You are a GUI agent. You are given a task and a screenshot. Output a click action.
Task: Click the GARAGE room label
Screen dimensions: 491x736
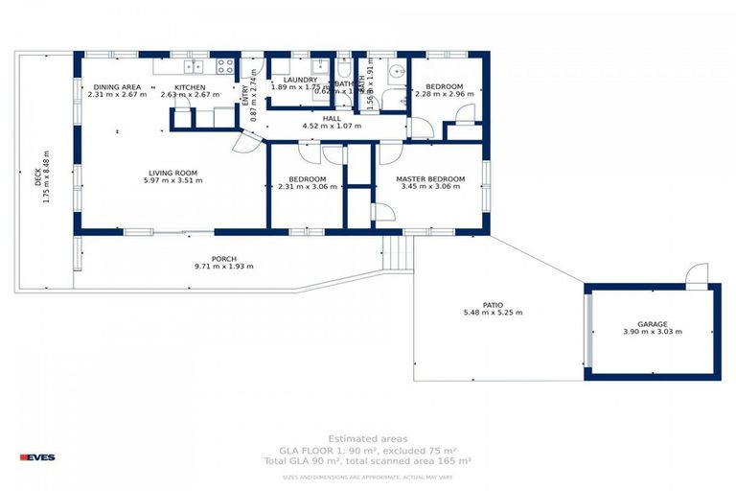652,324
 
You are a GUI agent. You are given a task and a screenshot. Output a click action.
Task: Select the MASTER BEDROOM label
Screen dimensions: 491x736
430,179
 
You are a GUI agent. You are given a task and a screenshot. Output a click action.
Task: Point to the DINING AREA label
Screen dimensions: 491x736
117,86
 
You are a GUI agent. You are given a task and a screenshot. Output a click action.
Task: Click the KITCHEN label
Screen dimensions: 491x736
190,86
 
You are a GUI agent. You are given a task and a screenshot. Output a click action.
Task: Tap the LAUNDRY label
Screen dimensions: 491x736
300,80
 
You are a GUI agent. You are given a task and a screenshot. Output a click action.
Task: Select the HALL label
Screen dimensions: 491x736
332,118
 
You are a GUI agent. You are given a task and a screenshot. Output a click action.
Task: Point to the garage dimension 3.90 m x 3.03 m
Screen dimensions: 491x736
652,333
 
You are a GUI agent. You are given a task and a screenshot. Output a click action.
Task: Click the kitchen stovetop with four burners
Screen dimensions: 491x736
225,66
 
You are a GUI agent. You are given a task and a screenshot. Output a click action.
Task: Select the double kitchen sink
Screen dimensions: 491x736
194,66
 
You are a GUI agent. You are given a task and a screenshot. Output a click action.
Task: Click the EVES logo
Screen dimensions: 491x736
37,456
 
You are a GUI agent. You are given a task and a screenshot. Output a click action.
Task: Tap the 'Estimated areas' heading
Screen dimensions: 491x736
367,438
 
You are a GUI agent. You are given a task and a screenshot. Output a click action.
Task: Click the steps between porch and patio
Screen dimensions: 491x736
398,254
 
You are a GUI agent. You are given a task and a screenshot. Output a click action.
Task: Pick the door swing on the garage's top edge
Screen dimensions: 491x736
697,274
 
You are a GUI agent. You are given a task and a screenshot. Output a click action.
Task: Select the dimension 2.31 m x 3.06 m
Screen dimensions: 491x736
302,188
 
